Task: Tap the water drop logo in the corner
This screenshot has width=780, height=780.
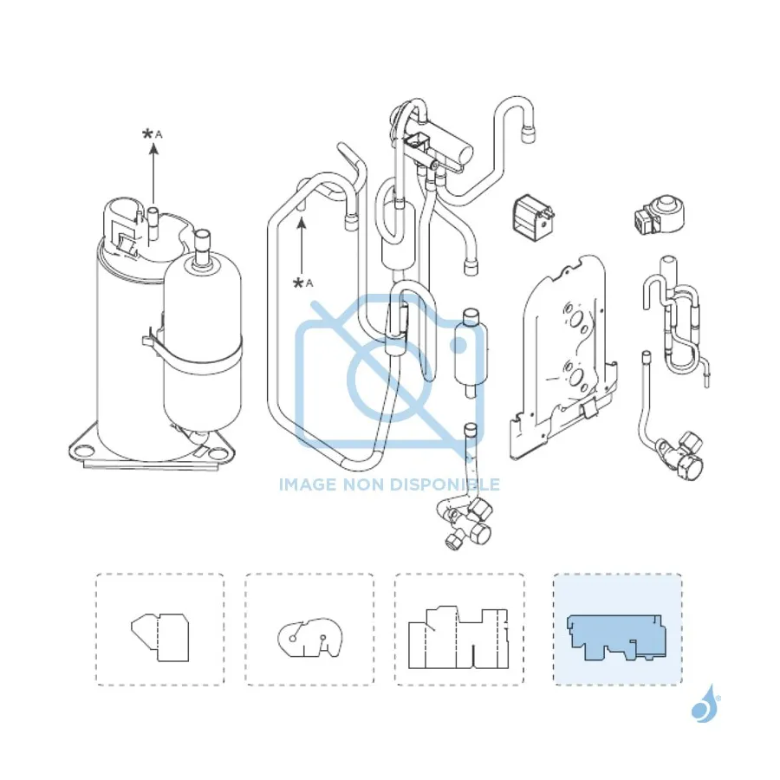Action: click(x=705, y=704)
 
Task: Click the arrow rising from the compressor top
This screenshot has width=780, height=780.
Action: click(x=153, y=173)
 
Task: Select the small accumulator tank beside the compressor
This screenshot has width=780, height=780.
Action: click(x=203, y=338)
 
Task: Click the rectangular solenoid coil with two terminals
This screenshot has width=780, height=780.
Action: click(x=533, y=219)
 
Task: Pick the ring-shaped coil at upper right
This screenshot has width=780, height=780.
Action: click(x=660, y=215)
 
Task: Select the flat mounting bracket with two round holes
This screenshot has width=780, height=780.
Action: click(x=563, y=357)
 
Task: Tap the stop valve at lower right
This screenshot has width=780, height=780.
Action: click(x=680, y=455)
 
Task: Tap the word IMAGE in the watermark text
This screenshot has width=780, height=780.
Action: click(x=309, y=484)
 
